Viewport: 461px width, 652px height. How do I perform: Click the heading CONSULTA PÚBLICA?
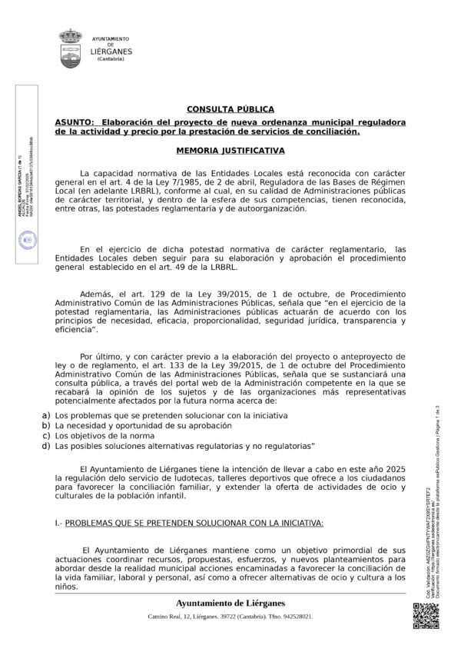click(230, 110)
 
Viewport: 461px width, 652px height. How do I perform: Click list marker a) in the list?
click(47, 414)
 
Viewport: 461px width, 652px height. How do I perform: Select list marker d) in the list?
click(47, 445)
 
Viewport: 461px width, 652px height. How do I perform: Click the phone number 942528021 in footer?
click(295, 617)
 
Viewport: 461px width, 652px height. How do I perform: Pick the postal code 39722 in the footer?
click(221, 617)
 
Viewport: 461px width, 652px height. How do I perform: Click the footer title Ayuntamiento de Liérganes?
click(230, 603)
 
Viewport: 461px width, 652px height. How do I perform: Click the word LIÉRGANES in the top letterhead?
click(111, 52)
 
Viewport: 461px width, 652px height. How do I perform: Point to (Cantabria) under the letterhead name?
click(111, 59)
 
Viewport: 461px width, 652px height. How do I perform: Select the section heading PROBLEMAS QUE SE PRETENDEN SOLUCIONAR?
click(205, 523)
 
